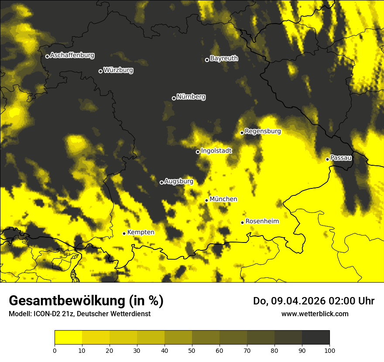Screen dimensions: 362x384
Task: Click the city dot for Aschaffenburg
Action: click(x=47, y=56)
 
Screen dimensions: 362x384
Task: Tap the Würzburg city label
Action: click(x=118, y=70)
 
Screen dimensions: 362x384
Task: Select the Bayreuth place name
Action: click(x=224, y=58)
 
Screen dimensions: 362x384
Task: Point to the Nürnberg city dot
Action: click(x=174, y=98)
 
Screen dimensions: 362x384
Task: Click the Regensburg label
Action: click(x=263, y=131)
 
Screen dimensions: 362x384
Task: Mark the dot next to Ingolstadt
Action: click(x=198, y=152)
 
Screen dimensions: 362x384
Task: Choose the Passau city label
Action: click(x=341, y=158)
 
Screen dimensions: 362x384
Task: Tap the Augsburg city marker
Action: click(x=161, y=182)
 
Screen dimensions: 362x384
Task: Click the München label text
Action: click(x=223, y=199)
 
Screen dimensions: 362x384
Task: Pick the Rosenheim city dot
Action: click(x=242, y=223)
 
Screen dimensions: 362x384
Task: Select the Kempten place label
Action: click(x=141, y=232)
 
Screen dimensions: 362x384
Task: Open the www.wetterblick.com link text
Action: click(x=315, y=314)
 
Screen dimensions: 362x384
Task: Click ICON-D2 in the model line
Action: click(x=46, y=314)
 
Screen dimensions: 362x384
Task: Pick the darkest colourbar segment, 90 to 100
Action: click(x=315, y=338)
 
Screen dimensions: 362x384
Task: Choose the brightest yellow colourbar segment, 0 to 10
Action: click(x=68, y=338)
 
